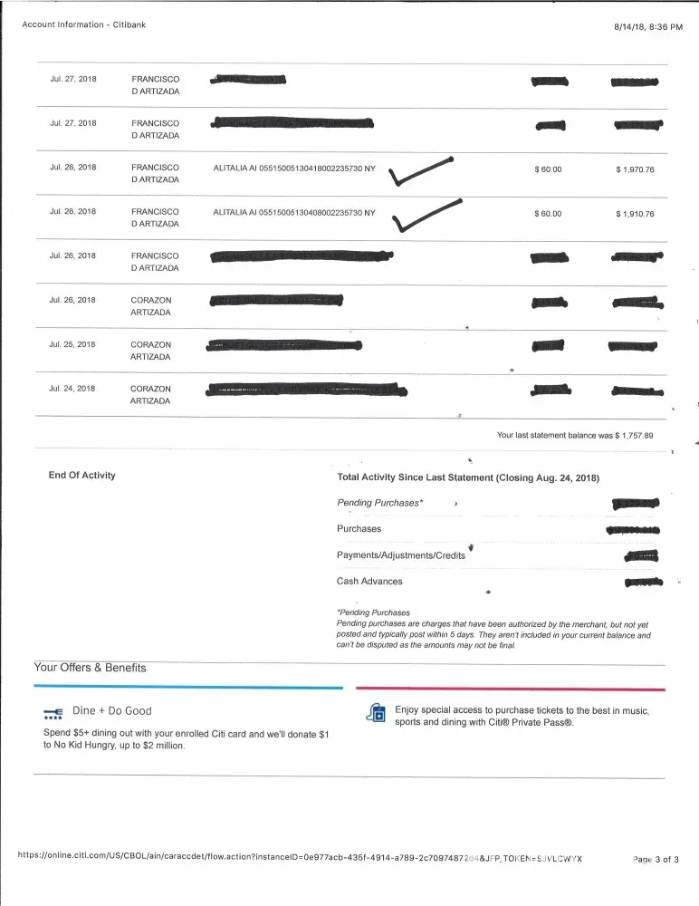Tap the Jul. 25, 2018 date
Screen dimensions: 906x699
pos(72,344)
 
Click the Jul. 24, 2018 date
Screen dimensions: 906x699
pos(72,389)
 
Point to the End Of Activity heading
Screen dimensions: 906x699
pos(81,476)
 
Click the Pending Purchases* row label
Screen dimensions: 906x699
pos(379,502)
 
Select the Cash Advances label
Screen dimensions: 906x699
pos(369,582)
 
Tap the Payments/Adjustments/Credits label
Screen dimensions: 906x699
pos(400,555)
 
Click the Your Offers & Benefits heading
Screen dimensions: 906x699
pos(90,668)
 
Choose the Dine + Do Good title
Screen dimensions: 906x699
pos(112,711)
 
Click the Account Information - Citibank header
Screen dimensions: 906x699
pos(83,25)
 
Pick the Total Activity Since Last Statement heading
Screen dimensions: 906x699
pos(468,477)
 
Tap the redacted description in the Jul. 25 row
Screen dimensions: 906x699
pos(284,345)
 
